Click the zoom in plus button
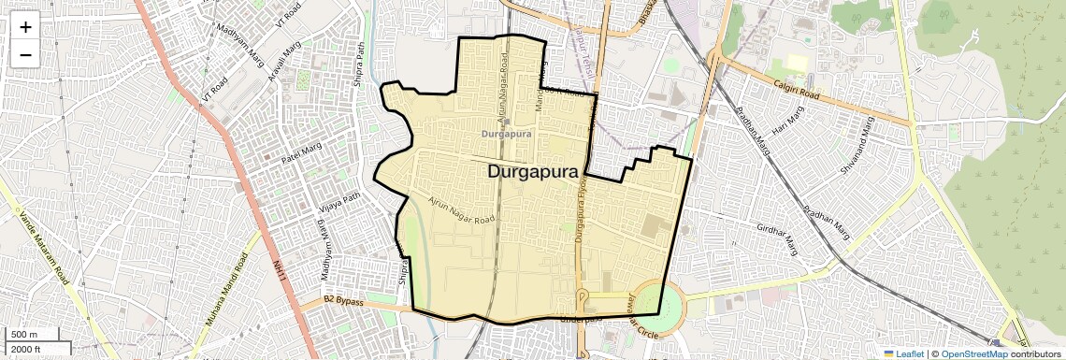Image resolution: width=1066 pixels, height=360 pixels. [25, 27]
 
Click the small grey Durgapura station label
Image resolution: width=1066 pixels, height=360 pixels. [506, 134]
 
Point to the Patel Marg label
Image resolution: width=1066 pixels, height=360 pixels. [303, 155]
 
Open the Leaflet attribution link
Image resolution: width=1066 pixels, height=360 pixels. [904, 353]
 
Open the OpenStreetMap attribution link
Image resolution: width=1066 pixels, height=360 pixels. [973, 353]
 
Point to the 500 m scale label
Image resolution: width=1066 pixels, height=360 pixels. [24, 335]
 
